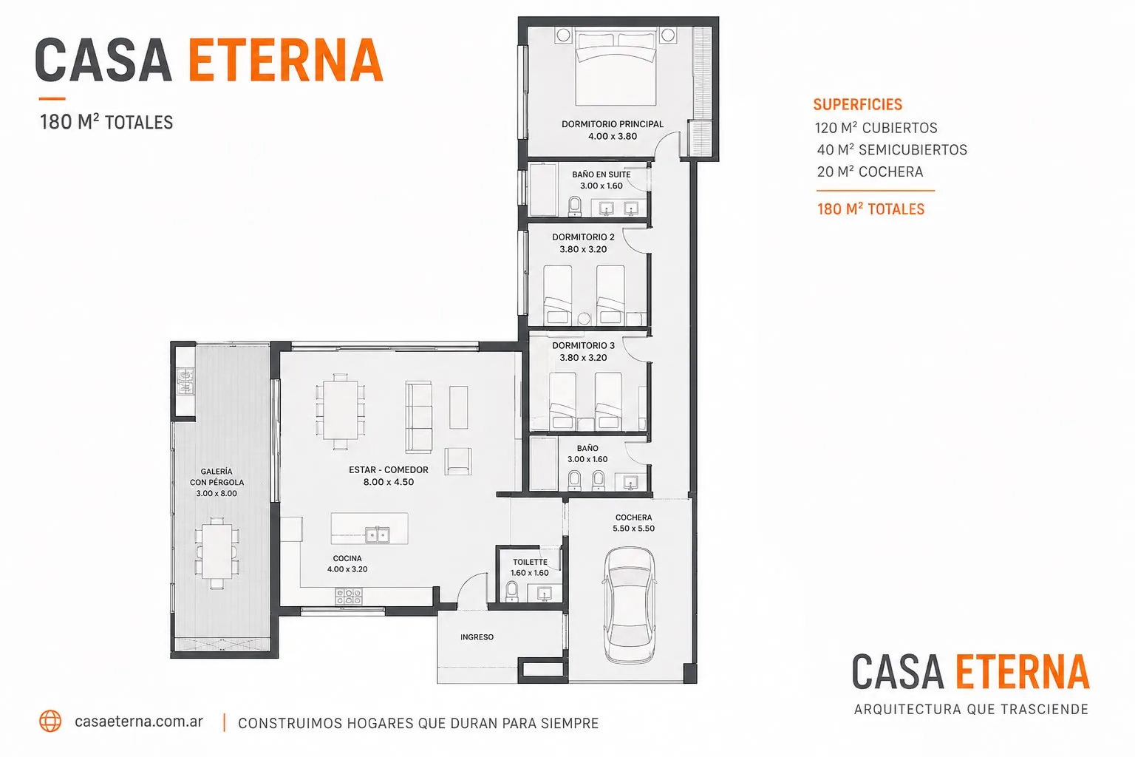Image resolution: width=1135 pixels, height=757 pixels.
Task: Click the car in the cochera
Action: (x=630, y=605)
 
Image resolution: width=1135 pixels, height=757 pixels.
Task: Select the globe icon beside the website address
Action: (x=50, y=721)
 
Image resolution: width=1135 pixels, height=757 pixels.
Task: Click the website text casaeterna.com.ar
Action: (x=139, y=722)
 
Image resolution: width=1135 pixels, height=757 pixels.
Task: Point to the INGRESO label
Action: (x=477, y=637)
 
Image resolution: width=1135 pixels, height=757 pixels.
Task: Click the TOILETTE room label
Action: (x=530, y=562)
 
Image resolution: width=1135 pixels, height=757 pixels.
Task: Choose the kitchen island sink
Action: (x=378, y=534)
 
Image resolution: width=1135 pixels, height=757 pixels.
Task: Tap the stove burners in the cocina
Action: (x=349, y=597)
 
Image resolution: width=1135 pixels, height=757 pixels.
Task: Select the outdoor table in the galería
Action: (x=217, y=553)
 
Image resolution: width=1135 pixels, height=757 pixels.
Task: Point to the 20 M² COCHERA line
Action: (x=870, y=172)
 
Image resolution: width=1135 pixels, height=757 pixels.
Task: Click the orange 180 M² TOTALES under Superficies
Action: (x=870, y=209)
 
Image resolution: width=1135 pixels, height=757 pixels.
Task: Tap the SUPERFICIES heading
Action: (x=858, y=104)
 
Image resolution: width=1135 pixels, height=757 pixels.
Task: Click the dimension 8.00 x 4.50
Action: (x=389, y=482)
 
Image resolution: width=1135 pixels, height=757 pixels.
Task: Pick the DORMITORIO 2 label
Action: (x=583, y=237)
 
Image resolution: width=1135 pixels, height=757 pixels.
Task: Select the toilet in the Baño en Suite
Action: (x=575, y=206)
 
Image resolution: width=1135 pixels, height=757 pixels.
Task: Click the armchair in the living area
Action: (x=458, y=461)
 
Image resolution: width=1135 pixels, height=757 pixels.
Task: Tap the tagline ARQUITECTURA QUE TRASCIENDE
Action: (x=971, y=709)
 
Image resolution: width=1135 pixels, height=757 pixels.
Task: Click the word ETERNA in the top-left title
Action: (x=286, y=60)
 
